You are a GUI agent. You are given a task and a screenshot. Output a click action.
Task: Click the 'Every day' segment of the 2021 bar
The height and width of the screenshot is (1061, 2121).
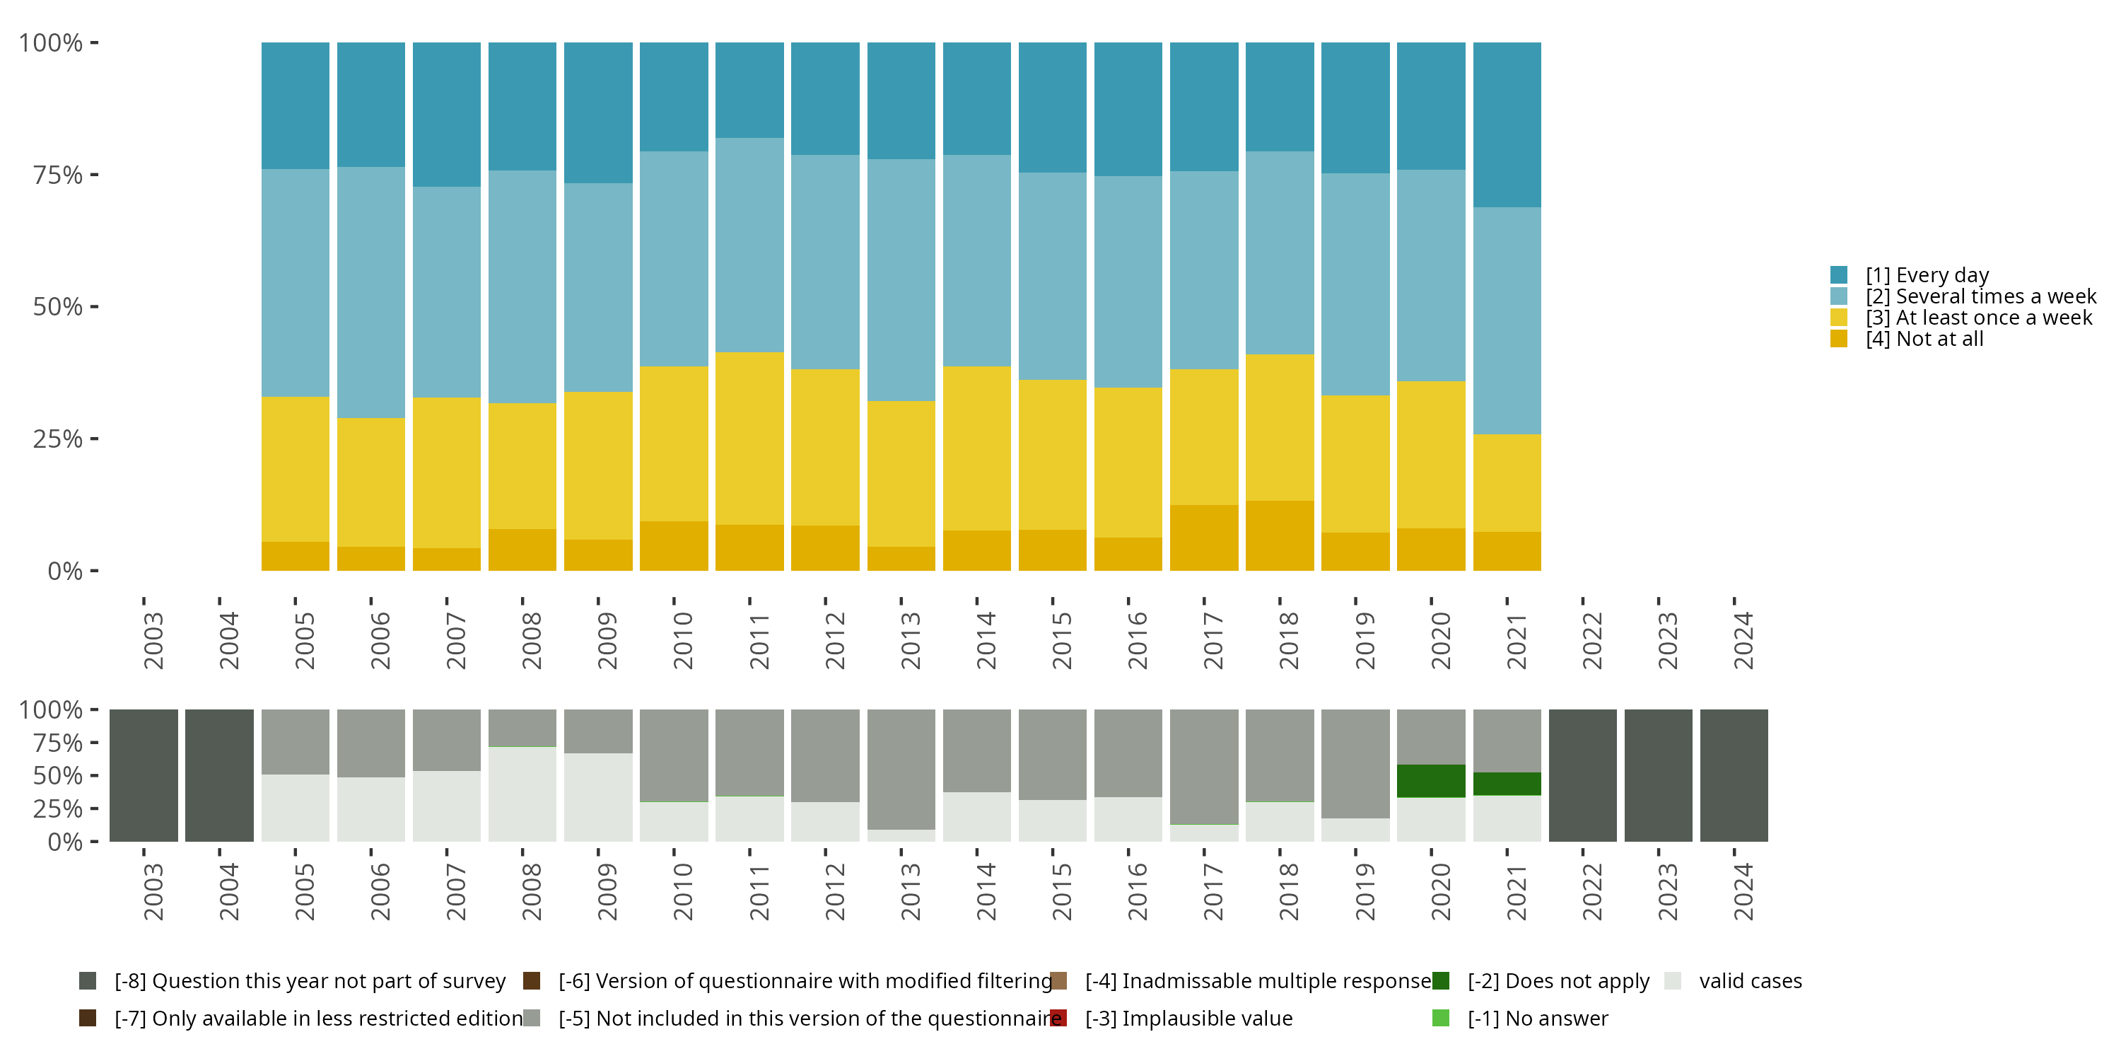click(1507, 124)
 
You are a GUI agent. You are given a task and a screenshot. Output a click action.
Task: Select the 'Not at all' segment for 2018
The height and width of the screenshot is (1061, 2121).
click(1280, 535)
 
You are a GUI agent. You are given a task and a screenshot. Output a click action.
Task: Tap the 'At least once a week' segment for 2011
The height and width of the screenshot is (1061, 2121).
click(749, 439)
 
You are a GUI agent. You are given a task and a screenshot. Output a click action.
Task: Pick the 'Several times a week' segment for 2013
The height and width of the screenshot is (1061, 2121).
click(901, 280)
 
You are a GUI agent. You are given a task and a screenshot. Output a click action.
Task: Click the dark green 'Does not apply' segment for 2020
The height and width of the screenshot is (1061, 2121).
click(1431, 781)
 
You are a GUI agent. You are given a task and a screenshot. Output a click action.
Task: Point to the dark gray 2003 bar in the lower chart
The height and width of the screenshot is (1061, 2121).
click(144, 775)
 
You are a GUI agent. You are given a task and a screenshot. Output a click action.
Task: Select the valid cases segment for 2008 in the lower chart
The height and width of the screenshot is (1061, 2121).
click(522, 794)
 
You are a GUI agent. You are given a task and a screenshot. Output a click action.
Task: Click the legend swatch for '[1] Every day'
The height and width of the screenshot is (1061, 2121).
click(1839, 274)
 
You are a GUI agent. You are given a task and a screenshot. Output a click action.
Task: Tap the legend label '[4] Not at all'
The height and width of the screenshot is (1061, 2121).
click(1924, 339)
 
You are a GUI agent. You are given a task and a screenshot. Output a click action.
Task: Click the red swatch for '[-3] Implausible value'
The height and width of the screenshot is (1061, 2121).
click(1059, 1018)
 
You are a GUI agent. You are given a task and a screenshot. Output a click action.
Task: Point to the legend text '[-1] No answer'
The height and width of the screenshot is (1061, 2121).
click(1537, 1018)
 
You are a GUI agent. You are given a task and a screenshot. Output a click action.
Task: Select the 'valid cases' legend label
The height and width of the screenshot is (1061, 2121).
click(1751, 981)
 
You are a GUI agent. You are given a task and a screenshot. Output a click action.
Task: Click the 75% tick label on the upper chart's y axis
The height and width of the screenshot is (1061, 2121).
click(58, 175)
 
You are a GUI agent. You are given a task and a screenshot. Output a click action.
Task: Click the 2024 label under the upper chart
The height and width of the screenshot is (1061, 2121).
click(1743, 640)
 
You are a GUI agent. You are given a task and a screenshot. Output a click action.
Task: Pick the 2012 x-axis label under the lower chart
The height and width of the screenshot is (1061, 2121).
click(835, 891)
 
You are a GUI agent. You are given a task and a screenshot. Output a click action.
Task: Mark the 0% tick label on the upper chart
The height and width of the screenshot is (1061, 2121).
click(65, 571)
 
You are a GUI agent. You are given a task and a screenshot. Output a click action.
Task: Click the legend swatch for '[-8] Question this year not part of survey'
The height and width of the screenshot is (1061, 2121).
click(87, 981)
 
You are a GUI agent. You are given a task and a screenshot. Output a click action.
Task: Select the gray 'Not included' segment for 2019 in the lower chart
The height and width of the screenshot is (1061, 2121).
click(1355, 764)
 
